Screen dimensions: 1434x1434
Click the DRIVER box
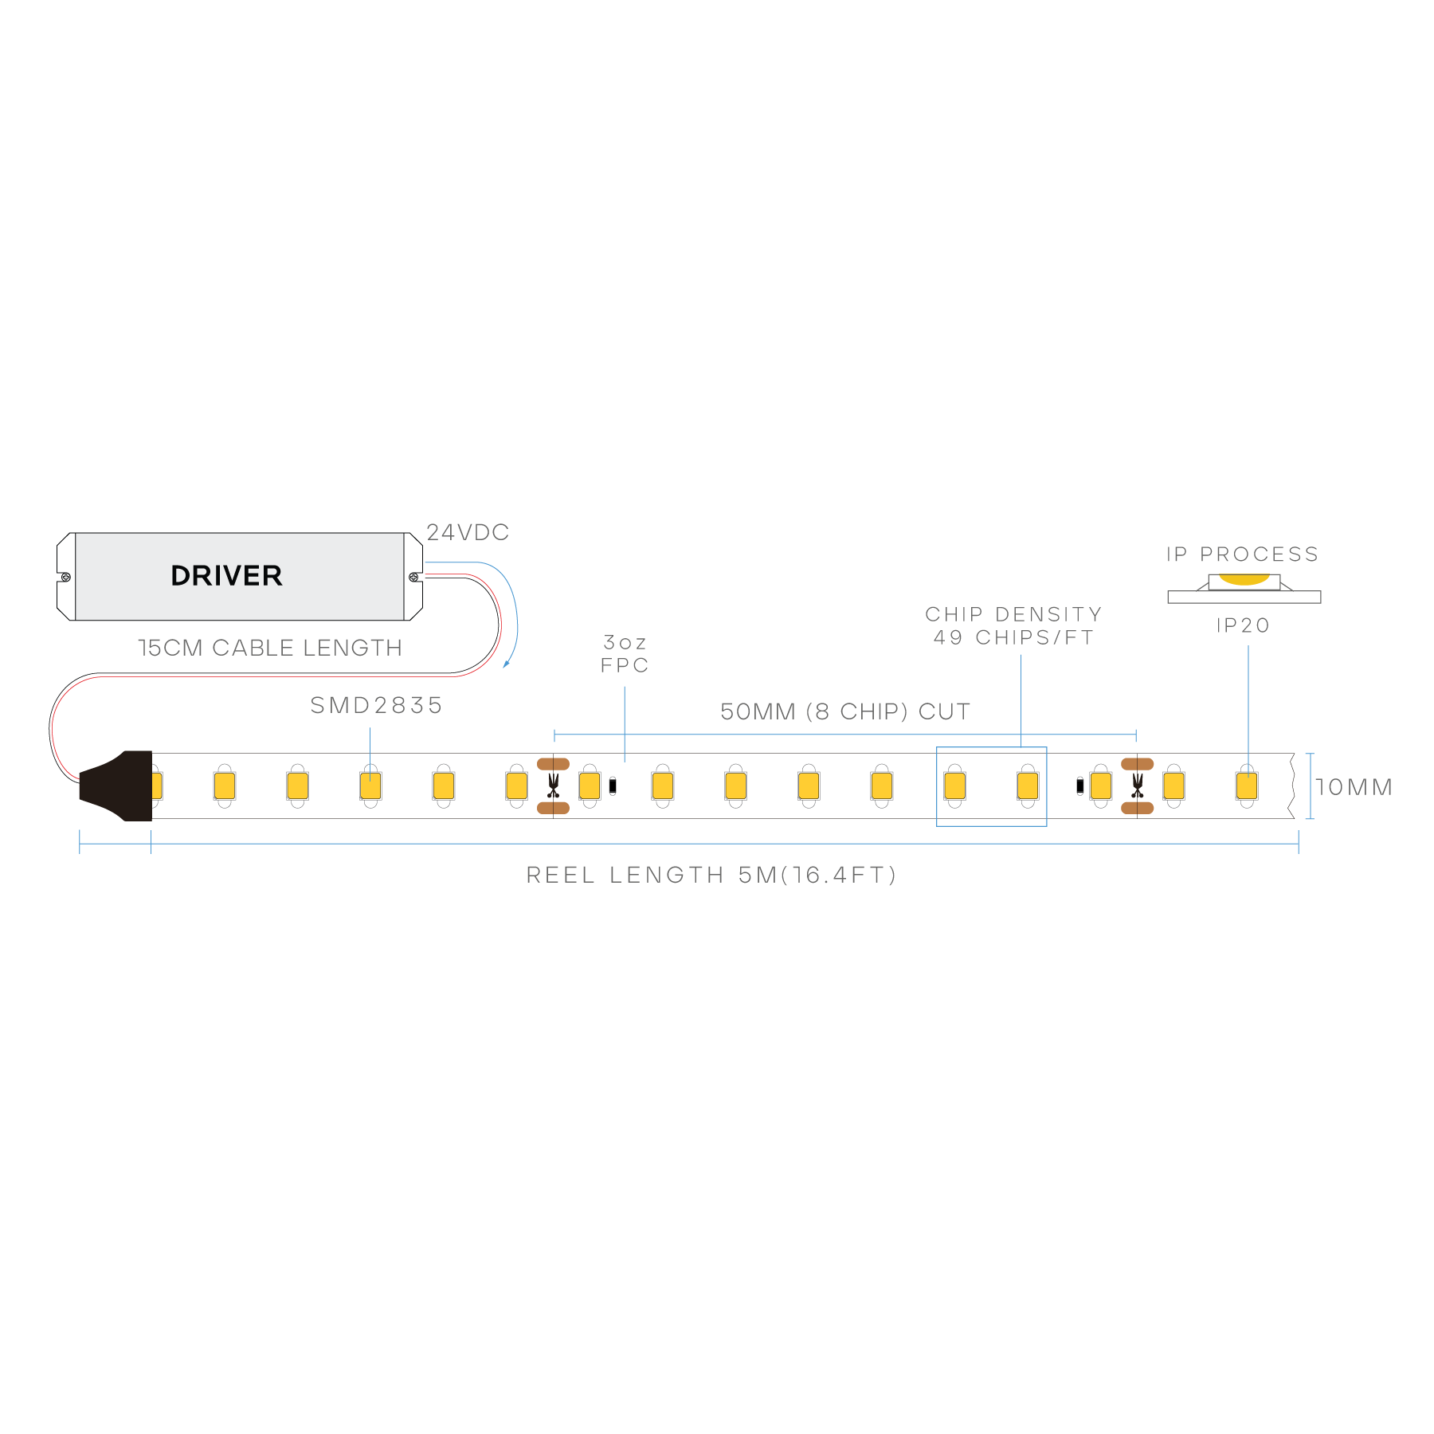[239, 576]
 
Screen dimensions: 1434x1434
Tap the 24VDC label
[468, 532]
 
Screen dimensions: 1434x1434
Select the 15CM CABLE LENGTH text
[270, 648]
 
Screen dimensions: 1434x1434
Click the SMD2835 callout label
[376, 705]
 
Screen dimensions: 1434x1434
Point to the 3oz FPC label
[625, 653]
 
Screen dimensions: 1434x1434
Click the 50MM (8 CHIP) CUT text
[845, 711]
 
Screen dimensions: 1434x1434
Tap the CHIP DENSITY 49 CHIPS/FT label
[1013, 625]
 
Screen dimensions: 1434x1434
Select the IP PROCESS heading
[1242, 554]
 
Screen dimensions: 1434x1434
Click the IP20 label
[1243, 625]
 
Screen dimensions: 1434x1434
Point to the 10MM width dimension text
[1354, 787]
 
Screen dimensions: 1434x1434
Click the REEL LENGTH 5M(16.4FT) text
[711, 875]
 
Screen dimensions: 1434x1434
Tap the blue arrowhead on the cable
[506, 664]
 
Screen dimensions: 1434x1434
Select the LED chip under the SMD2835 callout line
[370, 786]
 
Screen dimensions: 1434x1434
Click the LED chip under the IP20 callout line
[1247, 786]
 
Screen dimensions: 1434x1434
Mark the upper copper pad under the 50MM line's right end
[1137, 764]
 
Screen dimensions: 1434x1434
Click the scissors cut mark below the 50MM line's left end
[553, 786]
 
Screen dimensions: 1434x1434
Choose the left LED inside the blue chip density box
[954, 786]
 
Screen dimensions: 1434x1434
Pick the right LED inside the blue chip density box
[1028, 786]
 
